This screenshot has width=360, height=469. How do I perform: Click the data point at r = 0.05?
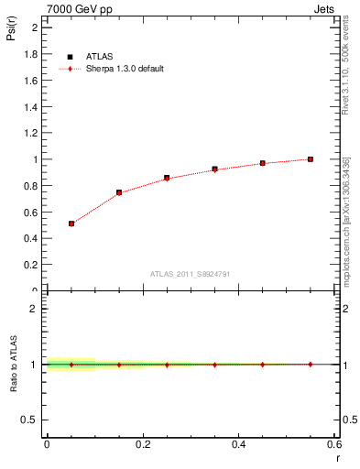click(x=71, y=224)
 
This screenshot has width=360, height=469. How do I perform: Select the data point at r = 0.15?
click(x=119, y=192)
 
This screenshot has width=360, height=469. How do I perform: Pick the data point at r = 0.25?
click(x=167, y=178)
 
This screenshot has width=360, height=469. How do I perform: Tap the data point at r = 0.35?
click(x=214, y=169)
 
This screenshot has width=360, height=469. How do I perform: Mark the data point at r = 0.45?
click(x=263, y=163)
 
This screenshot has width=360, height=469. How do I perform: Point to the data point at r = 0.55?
click(x=311, y=159)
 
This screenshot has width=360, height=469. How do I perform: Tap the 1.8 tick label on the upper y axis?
click(x=29, y=54)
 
